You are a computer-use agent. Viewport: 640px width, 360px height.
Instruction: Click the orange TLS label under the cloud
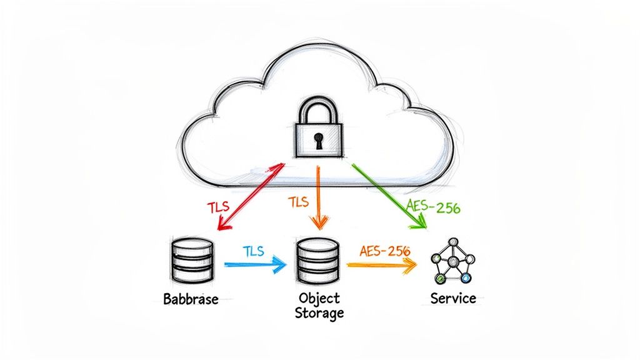tap(299, 202)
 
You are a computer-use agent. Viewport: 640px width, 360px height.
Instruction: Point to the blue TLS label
tap(252, 251)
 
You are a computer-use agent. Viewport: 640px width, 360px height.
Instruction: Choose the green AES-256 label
tap(432, 208)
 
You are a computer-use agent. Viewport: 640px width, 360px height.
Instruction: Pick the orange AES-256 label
tap(385, 251)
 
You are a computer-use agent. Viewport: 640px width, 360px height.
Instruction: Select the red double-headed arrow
tap(249, 195)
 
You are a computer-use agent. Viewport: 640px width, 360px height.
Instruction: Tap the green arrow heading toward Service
tap(387, 195)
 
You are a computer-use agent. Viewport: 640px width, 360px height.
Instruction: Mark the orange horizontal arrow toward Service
tap(381, 265)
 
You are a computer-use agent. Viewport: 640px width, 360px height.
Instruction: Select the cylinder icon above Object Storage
tap(319, 260)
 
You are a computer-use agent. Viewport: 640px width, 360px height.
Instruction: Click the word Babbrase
tap(191, 299)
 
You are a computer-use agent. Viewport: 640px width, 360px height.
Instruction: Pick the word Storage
tap(319, 312)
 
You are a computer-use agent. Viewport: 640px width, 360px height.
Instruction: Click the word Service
tap(453, 298)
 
